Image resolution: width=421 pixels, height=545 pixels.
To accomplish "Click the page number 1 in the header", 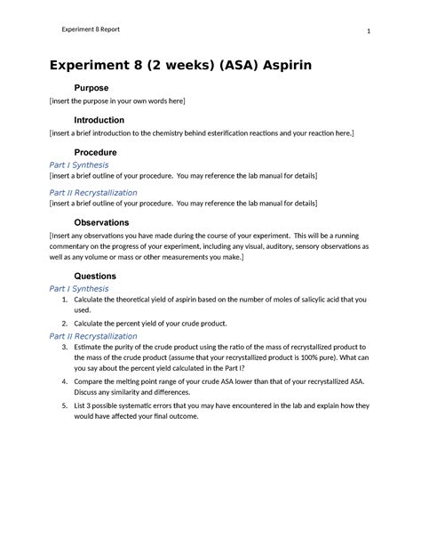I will (367, 32).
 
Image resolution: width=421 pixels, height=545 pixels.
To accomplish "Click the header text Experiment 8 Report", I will (91, 29).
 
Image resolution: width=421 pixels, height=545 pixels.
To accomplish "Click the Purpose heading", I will (91, 89).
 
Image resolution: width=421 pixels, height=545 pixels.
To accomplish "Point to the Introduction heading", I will (99, 120).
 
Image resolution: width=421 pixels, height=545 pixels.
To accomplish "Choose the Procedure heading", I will (96, 152).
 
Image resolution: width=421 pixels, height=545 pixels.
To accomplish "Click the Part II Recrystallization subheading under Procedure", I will (93, 192).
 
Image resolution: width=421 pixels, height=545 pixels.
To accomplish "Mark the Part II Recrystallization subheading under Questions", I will (93, 336).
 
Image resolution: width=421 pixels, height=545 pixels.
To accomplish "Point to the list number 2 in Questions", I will (66, 324).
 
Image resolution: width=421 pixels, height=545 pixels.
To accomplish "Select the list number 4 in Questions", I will (66, 381).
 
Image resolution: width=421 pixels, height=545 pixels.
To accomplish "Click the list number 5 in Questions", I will (66, 405).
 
